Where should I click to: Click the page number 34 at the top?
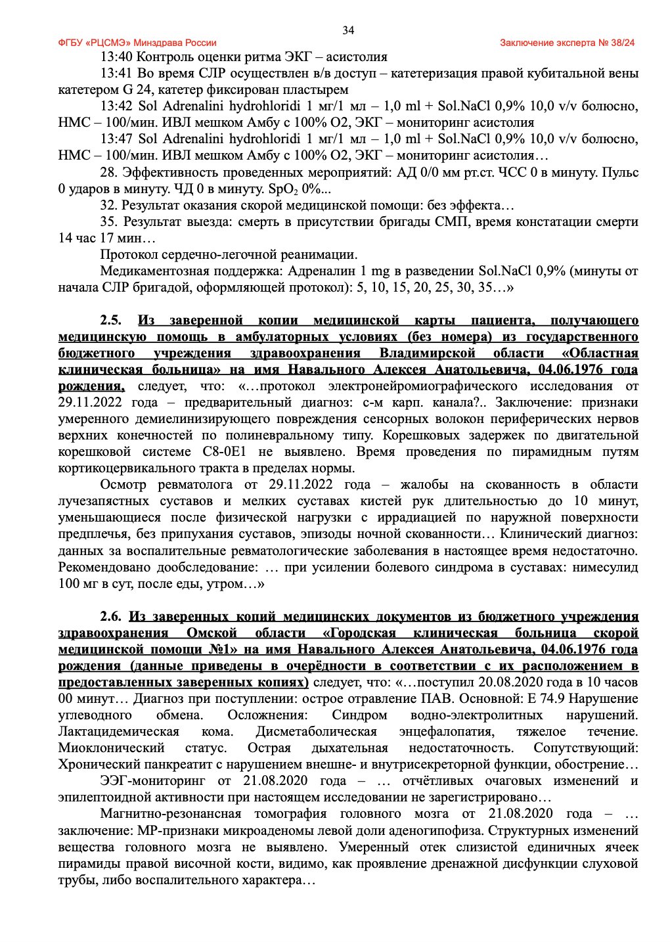pyautogui.click(x=348, y=30)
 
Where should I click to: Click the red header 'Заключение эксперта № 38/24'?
pyautogui.click(x=567, y=43)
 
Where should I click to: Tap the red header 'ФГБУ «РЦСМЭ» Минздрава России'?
pyautogui.click(x=137, y=43)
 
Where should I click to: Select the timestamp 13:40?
pyautogui.click(x=116, y=56)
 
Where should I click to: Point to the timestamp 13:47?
pyautogui.click(x=116, y=139)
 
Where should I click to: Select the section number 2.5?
pyautogui.click(x=111, y=321)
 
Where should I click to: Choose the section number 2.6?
pyautogui.click(x=111, y=616)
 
